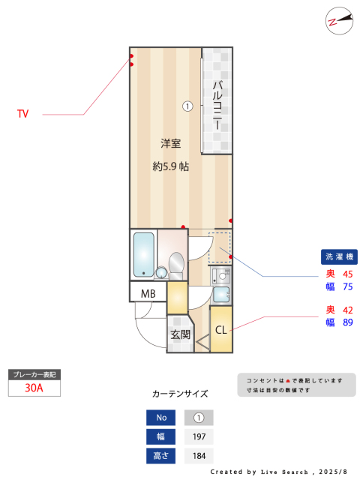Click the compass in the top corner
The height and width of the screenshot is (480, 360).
click(x=339, y=21)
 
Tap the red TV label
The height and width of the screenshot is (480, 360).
click(x=23, y=114)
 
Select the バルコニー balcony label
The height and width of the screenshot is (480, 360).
click(x=217, y=105)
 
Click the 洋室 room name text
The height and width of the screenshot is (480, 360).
click(x=170, y=143)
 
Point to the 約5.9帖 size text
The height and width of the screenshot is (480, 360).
click(x=170, y=166)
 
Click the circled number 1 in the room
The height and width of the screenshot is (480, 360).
click(x=187, y=106)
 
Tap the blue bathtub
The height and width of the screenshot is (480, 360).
click(x=143, y=255)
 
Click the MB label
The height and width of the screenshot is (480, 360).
click(x=148, y=294)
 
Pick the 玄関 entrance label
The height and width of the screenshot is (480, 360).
click(x=181, y=334)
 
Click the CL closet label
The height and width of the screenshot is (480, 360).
click(x=221, y=330)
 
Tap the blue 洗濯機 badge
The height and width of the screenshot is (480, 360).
click(x=339, y=256)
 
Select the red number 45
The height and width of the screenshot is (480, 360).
click(x=348, y=274)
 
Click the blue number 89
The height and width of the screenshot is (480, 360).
click(x=348, y=322)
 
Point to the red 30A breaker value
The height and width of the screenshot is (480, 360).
click(x=34, y=388)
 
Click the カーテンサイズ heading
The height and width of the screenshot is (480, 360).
click(x=180, y=394)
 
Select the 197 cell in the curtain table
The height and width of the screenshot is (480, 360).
click(x=199, y=436)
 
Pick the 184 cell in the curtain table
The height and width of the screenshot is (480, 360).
click(x=199, y=456)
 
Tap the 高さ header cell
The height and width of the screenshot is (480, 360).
click(x=160, y=456)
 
